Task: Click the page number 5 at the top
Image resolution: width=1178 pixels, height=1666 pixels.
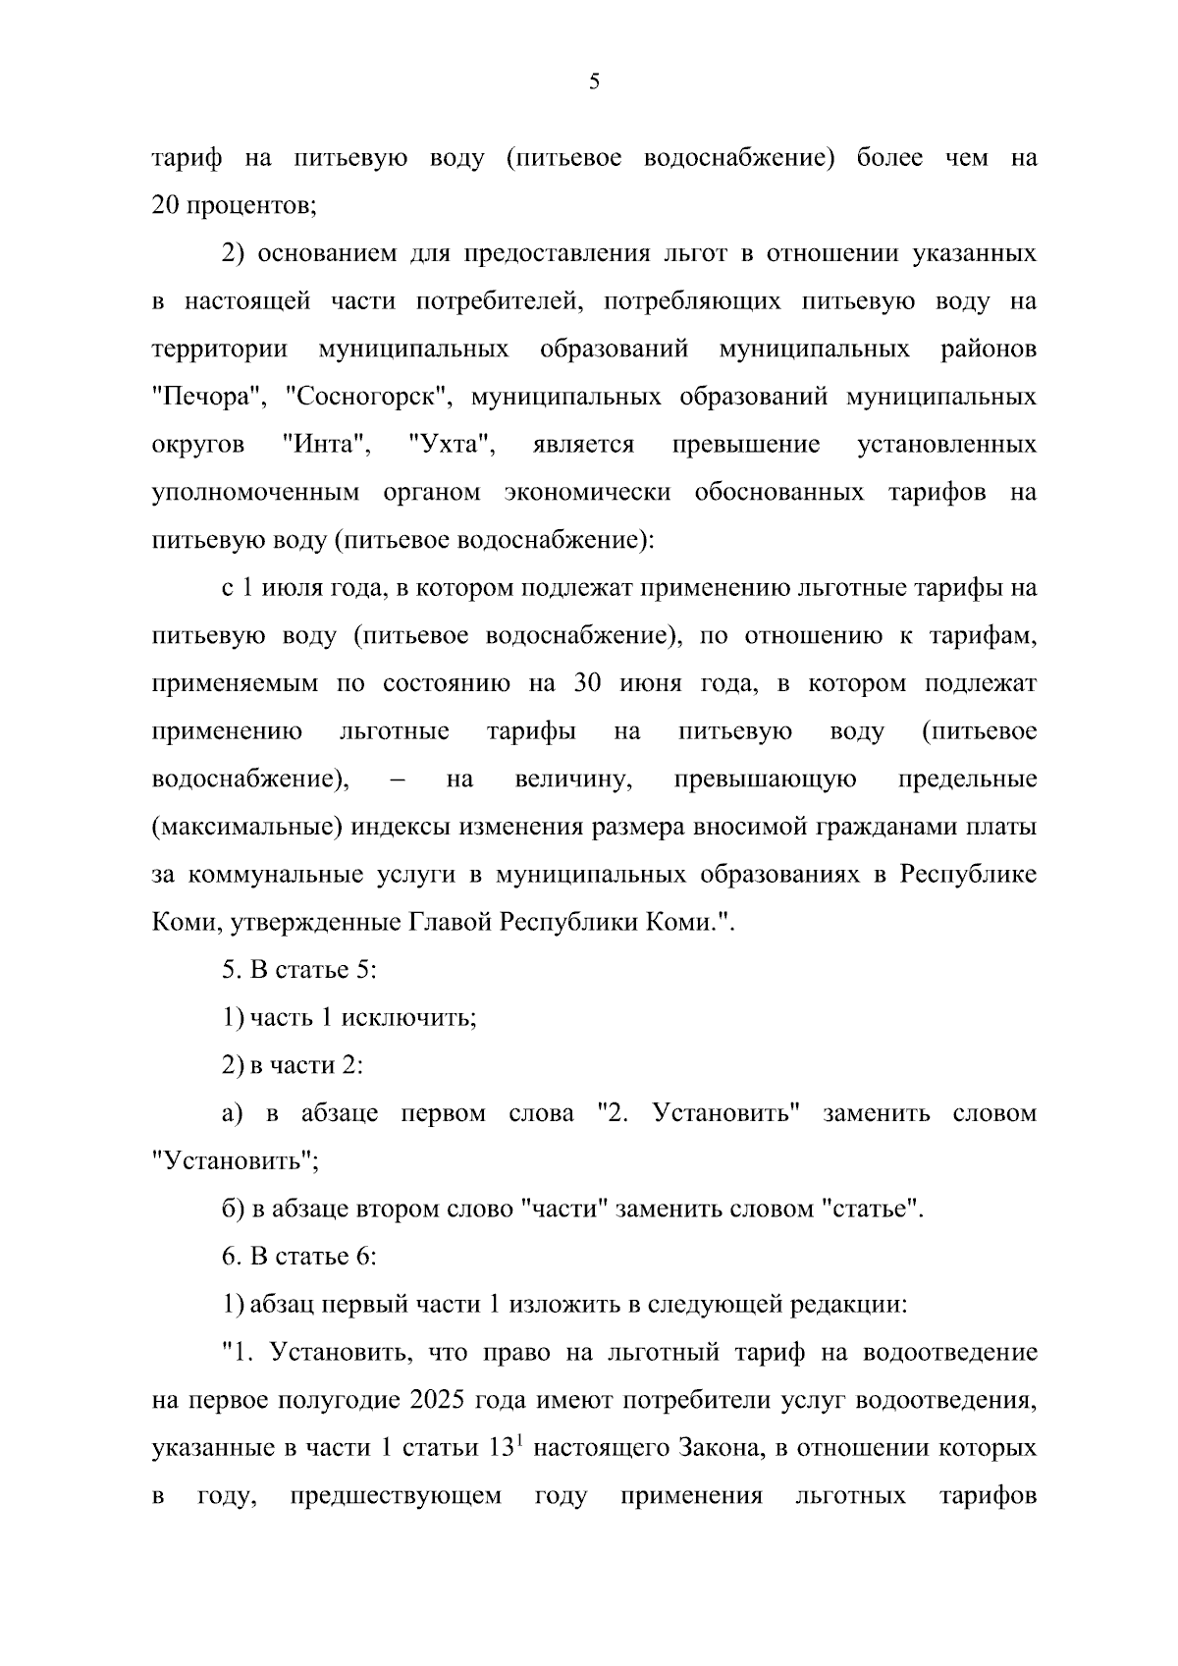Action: pos(594,82)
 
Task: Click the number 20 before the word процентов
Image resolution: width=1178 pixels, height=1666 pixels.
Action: pos(165,206)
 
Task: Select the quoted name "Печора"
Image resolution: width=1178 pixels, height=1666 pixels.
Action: pos(209,397)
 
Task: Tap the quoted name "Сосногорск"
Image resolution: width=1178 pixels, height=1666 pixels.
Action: pos(367,397)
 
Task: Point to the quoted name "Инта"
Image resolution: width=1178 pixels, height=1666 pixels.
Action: pos(326,445)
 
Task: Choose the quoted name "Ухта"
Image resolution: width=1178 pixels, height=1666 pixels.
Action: pos(452,445)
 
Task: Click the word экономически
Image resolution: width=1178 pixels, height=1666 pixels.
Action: pos(587,492)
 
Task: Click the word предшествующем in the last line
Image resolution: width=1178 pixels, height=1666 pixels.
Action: pos(396,1496)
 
